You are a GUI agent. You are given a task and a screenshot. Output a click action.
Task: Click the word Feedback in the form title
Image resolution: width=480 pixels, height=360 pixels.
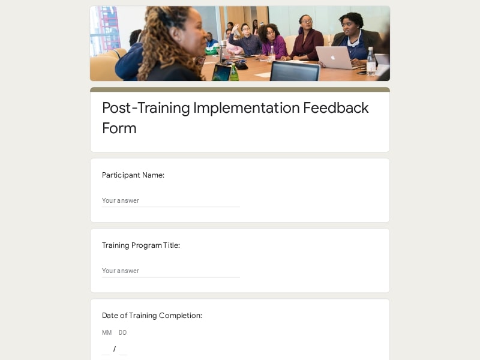pos(336,108)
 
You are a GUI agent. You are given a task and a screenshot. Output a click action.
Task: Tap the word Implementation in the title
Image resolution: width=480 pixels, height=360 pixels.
pos(247,109)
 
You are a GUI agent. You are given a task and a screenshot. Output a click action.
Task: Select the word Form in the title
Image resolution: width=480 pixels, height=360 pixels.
pos(119,128)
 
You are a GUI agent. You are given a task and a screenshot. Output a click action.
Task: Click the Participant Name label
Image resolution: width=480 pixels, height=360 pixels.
pos(133,175)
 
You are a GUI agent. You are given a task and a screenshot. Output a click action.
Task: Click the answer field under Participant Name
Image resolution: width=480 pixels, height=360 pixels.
pos(171,201)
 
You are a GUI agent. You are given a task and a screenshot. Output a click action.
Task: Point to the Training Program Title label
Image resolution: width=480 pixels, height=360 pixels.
pos(141,245)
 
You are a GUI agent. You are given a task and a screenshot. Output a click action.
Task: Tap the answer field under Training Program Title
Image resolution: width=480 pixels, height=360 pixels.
pos(171,271)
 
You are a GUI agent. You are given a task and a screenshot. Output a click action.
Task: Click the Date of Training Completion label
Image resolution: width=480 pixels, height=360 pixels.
pos(152,316)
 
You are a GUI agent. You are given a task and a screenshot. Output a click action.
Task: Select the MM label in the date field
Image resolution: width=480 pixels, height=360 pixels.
pos(107,332)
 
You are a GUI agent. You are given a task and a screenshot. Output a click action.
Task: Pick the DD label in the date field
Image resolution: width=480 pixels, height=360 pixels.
pos(123,332)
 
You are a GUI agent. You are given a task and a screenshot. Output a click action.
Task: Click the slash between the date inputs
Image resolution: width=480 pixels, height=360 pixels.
pos(115,349)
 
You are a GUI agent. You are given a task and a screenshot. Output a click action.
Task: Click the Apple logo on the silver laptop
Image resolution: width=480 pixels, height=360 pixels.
pos(333,57)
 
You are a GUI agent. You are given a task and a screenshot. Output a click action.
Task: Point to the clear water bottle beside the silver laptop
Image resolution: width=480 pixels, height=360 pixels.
pos(371,61)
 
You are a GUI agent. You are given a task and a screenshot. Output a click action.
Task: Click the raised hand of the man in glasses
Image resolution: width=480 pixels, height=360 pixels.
pos(235,28)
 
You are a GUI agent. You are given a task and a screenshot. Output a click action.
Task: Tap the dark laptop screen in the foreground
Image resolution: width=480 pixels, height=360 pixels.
pos(295,71)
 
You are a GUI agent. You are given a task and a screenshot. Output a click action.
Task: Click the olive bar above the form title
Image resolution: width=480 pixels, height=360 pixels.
pos(240,89)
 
